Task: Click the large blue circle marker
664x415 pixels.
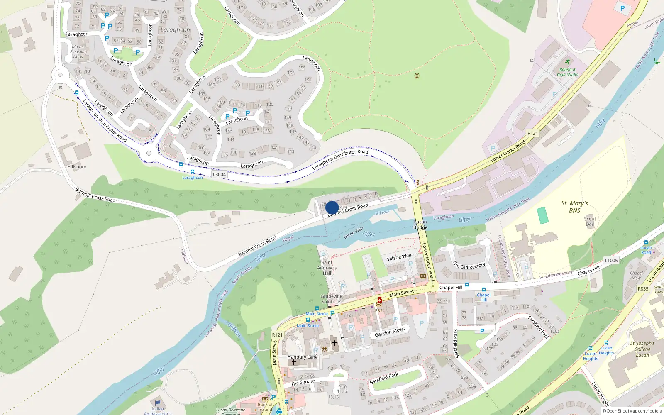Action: pos(332,207)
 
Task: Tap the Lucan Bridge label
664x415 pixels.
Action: pos(420,225)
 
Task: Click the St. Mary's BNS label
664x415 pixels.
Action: pos(574,207)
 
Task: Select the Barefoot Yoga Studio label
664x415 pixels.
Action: pos(567,72)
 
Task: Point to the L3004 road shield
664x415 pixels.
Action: pos(219,174)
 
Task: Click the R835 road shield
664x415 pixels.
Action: pos(643,289)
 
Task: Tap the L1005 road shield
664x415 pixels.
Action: pos(611,261)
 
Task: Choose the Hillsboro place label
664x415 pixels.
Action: pos(77,167)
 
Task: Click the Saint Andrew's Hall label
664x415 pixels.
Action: pos(327,268)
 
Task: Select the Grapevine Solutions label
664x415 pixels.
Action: pos(332,299)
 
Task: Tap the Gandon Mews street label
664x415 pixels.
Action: pos(390,332)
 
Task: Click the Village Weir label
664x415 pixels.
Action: pos(399,257)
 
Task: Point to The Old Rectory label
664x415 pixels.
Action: pos(469,266)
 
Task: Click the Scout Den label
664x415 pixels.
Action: pos(590,222)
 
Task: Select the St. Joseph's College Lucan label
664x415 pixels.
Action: pos(642,349)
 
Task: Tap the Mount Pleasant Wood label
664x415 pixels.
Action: pos(78,51)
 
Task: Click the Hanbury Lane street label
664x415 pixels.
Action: pos(303,357)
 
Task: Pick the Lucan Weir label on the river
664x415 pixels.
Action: pos(354,232)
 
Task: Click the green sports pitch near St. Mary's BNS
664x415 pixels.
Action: pos(542,215)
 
